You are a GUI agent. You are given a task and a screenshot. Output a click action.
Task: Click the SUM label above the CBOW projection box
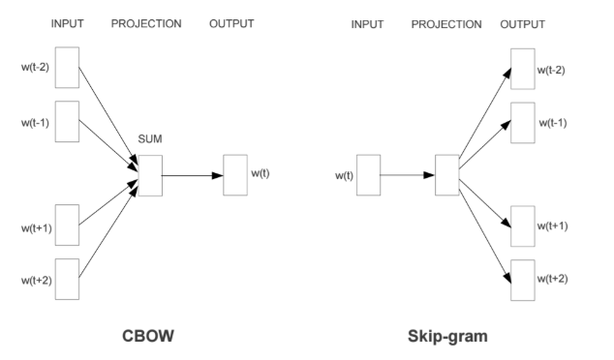point(150,139)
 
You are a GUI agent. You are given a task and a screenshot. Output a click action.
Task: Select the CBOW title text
point(148,336)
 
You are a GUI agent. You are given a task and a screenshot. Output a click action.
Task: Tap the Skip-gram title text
point(447,337)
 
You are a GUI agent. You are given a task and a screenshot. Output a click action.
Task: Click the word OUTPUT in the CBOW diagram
point(231,24)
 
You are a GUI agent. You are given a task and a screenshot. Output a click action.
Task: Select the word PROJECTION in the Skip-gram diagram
point(446,24)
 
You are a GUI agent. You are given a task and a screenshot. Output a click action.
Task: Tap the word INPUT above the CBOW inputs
point(68,24)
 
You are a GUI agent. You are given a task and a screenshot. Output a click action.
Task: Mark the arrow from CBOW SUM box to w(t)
point(193,176)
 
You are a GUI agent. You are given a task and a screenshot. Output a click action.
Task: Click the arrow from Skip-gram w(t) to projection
point(408,175)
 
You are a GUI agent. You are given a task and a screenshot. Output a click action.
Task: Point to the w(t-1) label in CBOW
point(35,123)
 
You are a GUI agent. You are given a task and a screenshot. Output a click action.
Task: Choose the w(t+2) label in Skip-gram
point(553,279)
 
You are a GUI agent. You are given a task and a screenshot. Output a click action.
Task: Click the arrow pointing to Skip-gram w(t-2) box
point(485,113)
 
